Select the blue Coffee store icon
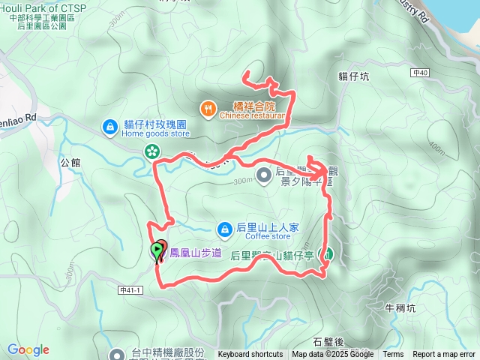[223, 228]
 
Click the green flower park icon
[152, 152]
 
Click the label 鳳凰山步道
[196, 253]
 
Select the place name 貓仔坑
[353, 76]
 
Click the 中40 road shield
[419, 73]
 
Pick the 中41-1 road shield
[130, 289]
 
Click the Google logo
[28, 350]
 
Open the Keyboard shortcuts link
[250, 355]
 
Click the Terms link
[393, 355]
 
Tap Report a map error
[443, 355]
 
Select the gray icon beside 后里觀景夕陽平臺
[264, 175]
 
